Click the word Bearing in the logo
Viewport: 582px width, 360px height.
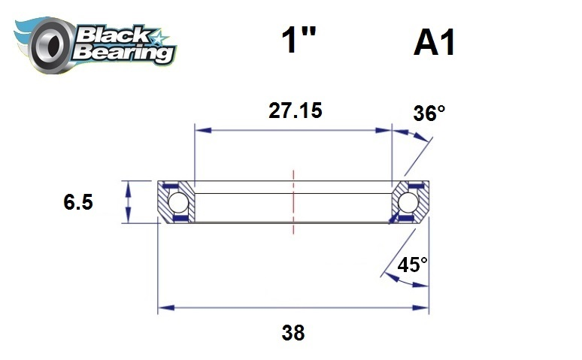click(x=124, y=53)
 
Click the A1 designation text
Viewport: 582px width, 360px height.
click(x=434, y=44)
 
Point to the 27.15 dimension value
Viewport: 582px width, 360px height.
click(x=295, y=110)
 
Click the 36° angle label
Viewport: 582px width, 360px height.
click(x=429, y=114)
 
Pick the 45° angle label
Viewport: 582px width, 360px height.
click(x=413, y=265)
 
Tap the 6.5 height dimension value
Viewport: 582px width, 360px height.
click(x=78, y=202)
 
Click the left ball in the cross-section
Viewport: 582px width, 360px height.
click(x=177, y=202)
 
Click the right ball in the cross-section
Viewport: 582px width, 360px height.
click(x=408, y=202)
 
